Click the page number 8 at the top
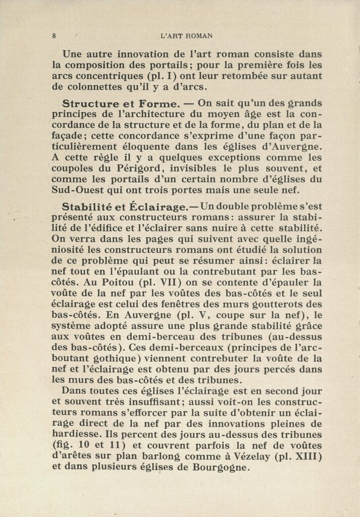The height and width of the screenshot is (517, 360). pos(54,36)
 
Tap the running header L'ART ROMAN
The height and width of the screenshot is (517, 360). pos(186,36)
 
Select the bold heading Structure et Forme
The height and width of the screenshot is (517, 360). pos(120,104)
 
